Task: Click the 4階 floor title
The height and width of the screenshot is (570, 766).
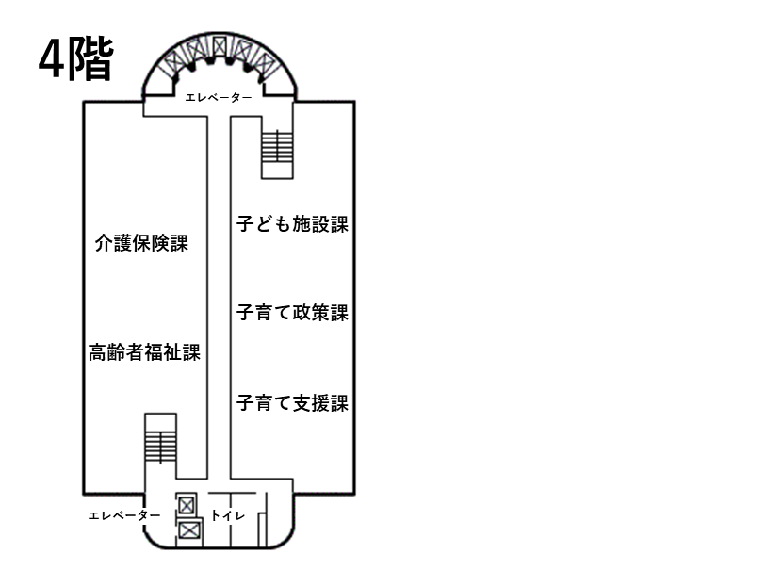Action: (x=75, y=59)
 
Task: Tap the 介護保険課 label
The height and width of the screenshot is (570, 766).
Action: (x=142, y=244)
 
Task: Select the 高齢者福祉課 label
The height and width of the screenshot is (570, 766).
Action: (x=144, y=353)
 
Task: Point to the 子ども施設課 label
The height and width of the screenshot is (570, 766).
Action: (x=292, y=224)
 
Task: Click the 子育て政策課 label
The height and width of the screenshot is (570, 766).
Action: (x=292, y=313)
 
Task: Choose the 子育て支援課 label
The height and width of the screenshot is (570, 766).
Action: (x=292, y=403)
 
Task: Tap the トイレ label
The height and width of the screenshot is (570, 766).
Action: (x=228, y=515)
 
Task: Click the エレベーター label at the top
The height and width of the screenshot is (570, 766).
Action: (x=219, y=97)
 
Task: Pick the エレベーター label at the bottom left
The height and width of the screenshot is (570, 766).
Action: (x=124, y=515)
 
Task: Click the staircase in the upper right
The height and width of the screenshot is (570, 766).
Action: (x=278, y=151)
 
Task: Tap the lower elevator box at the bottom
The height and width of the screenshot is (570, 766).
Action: (x=189, y=530)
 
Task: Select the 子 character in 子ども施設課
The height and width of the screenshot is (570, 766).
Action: (x=245, y=224)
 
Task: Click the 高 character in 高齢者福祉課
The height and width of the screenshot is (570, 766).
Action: (x=97, y=353)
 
